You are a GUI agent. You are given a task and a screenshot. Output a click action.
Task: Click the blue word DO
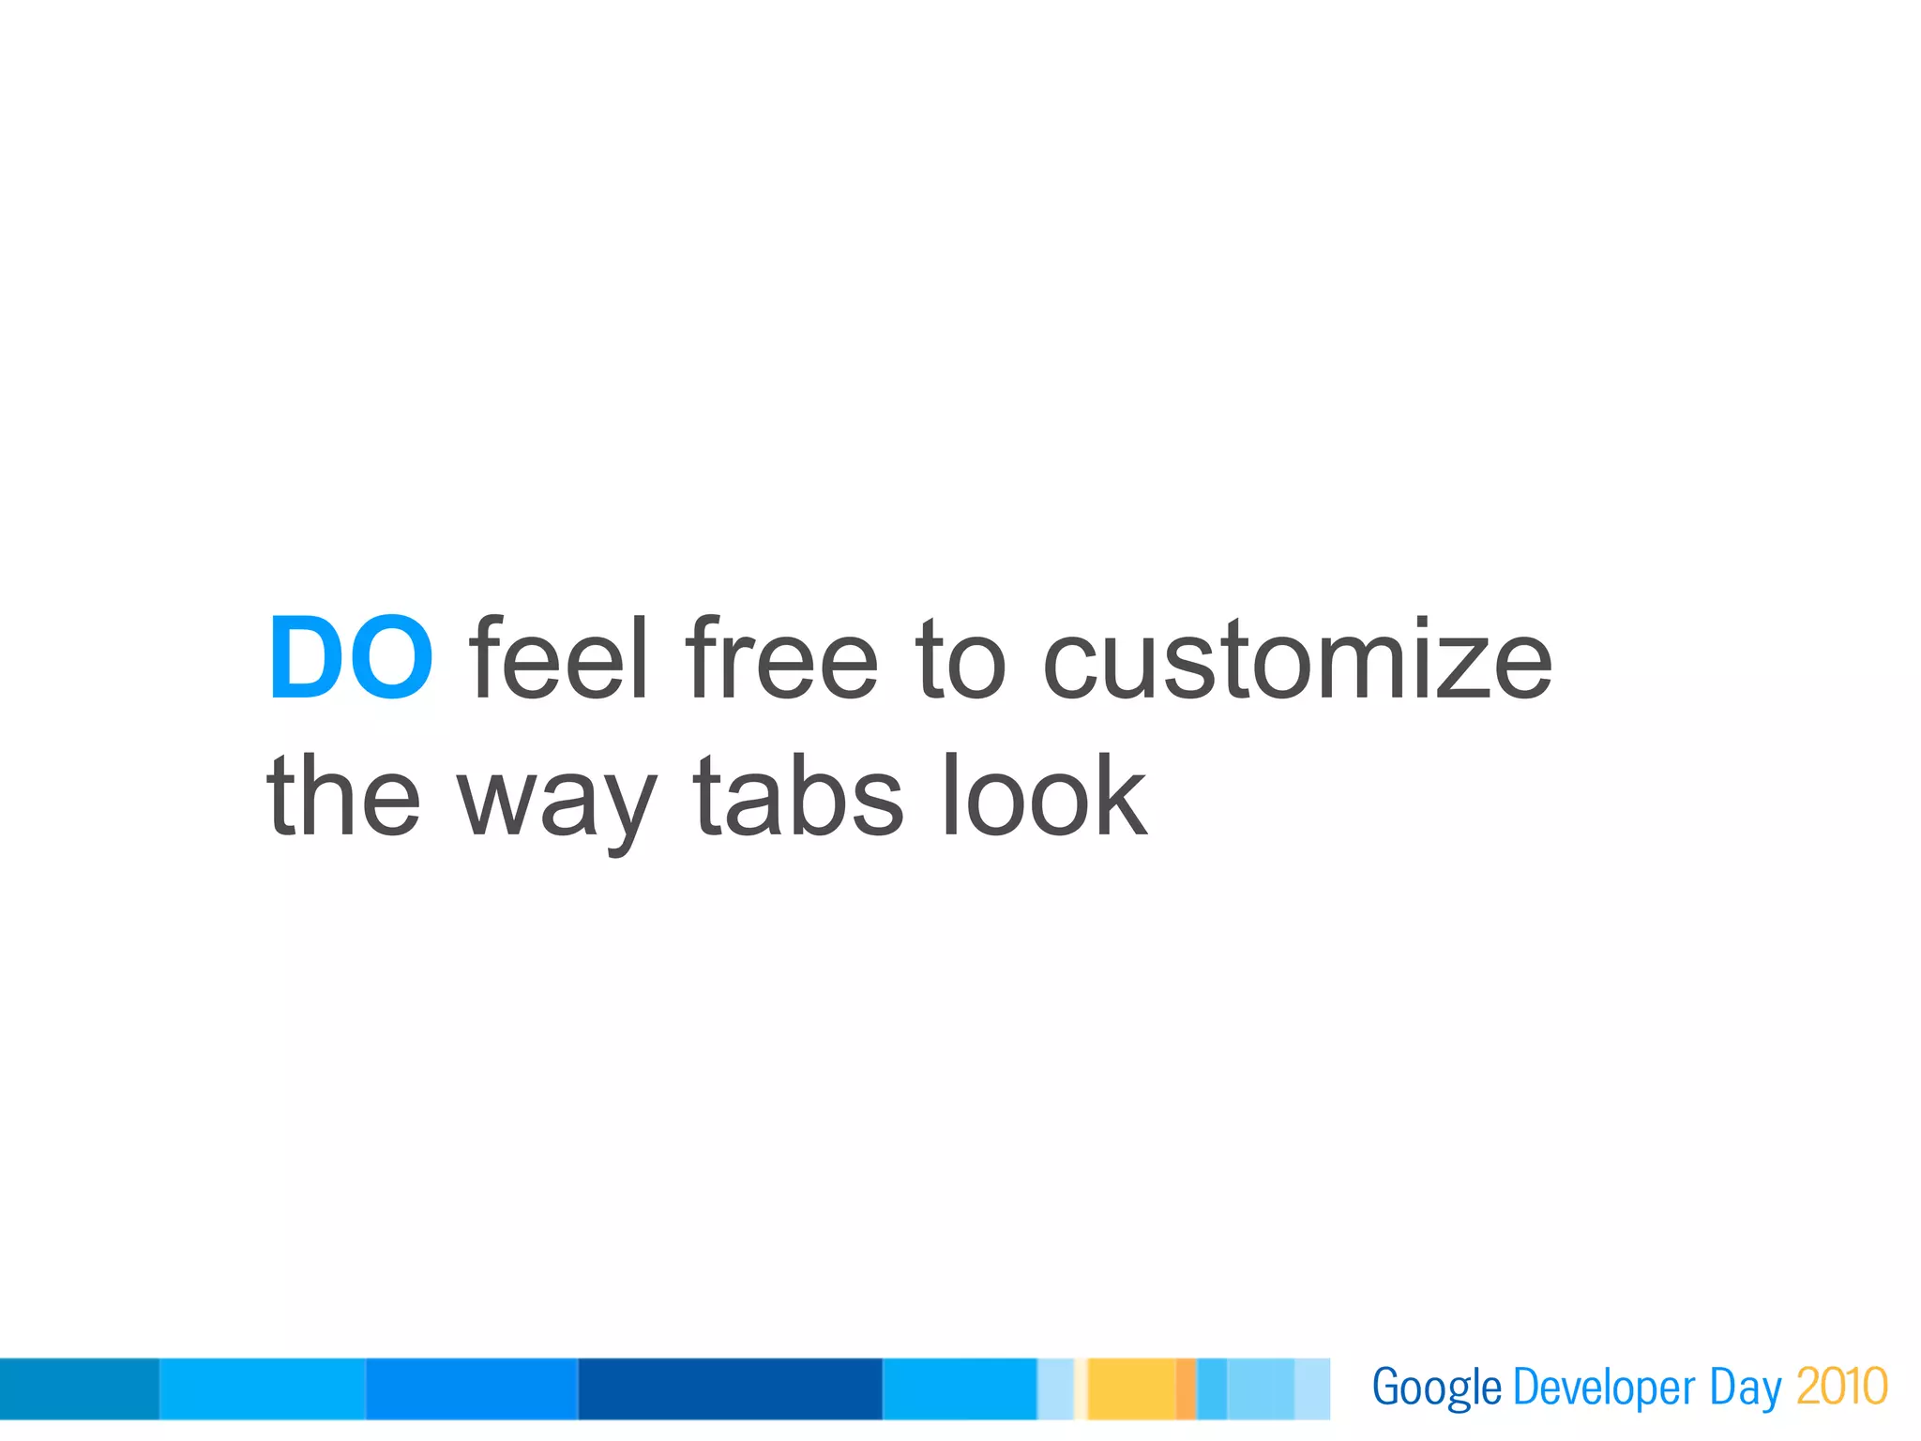tap(351, 658)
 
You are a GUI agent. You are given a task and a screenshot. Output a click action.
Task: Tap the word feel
tap(559, 658)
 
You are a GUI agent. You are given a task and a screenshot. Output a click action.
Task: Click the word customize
tap(1296, 660)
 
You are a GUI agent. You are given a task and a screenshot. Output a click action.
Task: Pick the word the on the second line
tap(343, 797)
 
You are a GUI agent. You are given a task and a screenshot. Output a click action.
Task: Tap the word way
tap(556, 802)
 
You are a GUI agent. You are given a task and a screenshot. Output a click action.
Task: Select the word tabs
tap(798, 797)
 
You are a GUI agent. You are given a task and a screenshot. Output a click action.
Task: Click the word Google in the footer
tap(1436, 1388)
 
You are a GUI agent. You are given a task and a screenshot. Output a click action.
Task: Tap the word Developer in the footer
tap(1604, 1388)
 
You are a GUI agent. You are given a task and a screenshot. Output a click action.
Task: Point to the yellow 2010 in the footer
tap(1841, 1388)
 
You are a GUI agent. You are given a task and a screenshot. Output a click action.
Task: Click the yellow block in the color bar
tap(1131, 1388)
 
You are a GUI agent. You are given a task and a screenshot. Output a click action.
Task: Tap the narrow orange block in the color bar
tap(1186, 1388)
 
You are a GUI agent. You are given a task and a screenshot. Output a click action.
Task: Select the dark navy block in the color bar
tap(730, 1388)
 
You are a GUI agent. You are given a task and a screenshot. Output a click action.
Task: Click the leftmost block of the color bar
tap(79, 1388)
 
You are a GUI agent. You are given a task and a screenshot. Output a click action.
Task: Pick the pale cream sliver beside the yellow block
tap(1081, 1388)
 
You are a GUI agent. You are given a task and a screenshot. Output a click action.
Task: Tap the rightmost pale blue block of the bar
tap(1311, 1388)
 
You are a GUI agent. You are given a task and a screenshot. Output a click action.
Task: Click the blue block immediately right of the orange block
tap(1211, 1388)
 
